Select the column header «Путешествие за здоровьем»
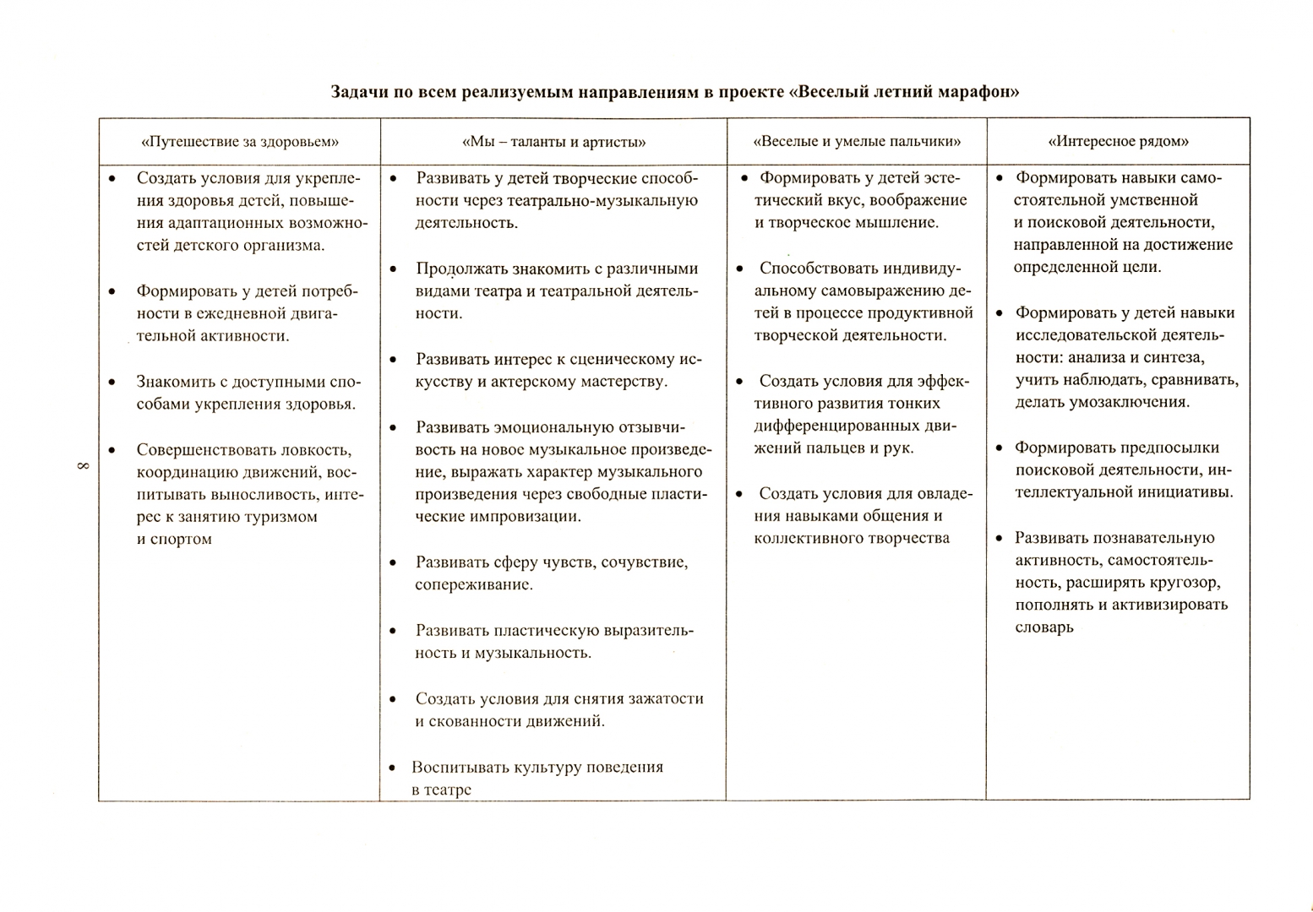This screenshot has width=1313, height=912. (x=240, y=142)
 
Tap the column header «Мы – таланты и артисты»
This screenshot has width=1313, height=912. (x=554, y=142)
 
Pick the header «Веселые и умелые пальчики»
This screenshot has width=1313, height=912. (x=857, y=142)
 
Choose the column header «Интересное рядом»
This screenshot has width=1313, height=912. (x=1118, y=142)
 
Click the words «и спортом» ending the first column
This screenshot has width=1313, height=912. (x=174, y=539)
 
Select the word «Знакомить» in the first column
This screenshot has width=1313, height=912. (x=177, y=381)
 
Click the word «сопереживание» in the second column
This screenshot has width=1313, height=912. (x=472, y=584)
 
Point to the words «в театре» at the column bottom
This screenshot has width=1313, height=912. (x=441, y=790)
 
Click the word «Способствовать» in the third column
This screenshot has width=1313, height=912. (x=819, y=269)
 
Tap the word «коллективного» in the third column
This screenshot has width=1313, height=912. (x=809, y=538)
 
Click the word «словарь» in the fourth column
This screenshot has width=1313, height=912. (x=1044, y=627)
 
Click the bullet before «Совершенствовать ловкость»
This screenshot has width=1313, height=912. (x=112, y=449)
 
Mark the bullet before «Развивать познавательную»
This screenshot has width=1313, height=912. (x=999, y=538)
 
